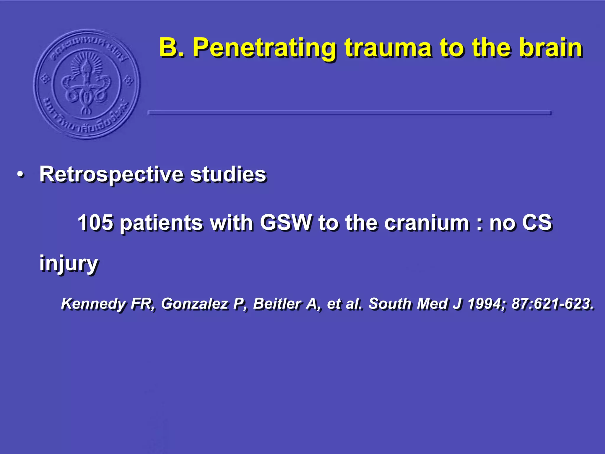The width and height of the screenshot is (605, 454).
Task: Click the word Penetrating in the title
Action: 264,48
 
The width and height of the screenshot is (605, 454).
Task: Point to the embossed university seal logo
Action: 87,84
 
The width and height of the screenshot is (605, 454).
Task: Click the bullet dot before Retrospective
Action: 20,175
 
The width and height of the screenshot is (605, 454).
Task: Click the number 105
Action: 95,222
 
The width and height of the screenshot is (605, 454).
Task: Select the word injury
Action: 69,263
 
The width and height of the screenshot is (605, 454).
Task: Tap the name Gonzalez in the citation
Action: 195,304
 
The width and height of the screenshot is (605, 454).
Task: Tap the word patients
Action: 161,223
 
